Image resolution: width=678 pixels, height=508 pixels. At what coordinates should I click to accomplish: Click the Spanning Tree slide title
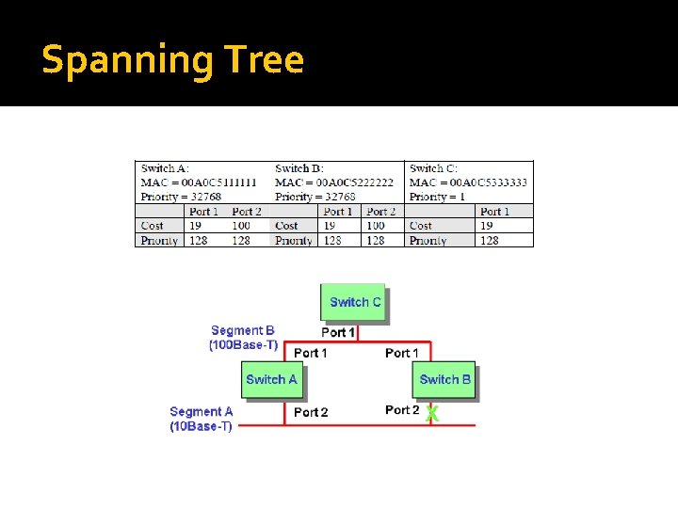(173, 60)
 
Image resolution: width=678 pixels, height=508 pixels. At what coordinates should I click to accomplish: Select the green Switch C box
(354, 302)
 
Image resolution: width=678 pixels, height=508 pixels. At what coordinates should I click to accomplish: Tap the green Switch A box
(271, 379)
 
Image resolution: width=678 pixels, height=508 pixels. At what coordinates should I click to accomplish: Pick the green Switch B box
(444, 379)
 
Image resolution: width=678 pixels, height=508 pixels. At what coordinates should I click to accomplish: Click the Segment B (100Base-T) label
(243, 338)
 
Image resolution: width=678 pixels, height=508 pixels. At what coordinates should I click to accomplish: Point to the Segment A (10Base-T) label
(201, 419)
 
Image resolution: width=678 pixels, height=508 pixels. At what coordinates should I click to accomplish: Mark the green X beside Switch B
(431, 413)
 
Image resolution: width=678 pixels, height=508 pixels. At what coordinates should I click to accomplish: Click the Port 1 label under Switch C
(338, 332)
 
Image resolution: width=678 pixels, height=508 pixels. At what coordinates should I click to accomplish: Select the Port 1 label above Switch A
(311, 353)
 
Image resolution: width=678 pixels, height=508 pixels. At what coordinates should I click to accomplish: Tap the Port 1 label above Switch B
(402, 353)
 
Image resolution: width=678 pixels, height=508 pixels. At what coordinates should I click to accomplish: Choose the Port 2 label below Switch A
(311, 412)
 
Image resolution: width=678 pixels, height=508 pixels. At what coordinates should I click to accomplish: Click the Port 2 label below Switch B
(402, 410)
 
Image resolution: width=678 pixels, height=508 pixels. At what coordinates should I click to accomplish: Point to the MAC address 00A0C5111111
(219, 183)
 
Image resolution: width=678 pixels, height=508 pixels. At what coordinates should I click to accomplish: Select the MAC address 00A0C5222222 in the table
(354, 183)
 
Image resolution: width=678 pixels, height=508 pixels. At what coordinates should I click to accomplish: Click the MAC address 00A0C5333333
(488, 183)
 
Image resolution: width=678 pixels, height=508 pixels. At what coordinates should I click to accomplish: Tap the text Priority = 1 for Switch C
(437, 197)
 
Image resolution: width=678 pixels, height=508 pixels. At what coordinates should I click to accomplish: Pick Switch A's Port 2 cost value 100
(241, 226)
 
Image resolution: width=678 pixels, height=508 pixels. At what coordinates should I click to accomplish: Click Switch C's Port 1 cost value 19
(487, 226)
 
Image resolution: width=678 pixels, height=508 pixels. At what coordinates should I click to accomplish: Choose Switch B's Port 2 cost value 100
(376, 226)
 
